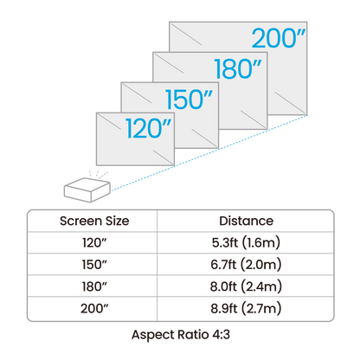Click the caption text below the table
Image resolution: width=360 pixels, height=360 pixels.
(x=179, y=333)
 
